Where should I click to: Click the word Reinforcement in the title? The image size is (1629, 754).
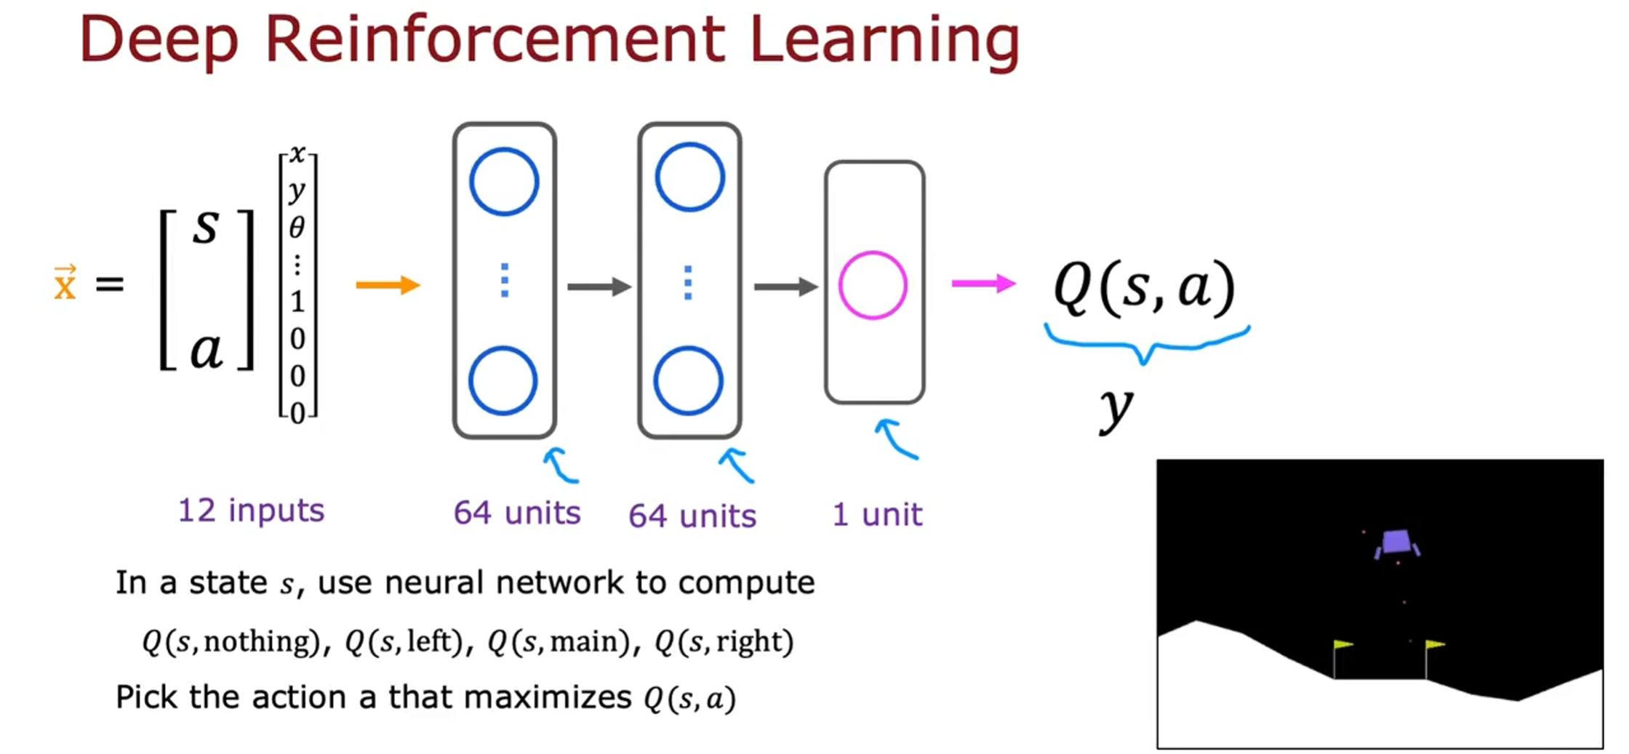coord(495,39)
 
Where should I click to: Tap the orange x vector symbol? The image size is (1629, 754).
coord(65,284)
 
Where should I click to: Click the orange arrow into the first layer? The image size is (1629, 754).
coord(388,285)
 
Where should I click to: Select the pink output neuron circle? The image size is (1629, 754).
coord(873,286)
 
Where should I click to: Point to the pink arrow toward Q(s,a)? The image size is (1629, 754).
coord(983,284)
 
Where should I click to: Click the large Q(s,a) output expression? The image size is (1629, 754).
coord(1145,286)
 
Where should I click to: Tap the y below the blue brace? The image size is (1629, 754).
coord(1116,409)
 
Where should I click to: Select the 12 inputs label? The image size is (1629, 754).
coord(251,510)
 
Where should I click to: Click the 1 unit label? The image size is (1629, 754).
coord(877,515)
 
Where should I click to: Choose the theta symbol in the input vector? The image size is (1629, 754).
coord(297,228)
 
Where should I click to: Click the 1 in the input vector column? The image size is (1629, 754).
coord(297,301)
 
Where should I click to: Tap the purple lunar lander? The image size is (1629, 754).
coord(1396,543)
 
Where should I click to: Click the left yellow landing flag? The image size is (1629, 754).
coord(1342,645)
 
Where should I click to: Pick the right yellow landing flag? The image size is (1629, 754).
coord(1434,645)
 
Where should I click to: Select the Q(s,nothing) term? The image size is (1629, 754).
coord(231,641)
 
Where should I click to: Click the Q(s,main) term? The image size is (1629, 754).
coord(559,641)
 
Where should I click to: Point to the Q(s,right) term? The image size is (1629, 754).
coord(724,641)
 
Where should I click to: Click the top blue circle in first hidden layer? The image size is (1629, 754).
coord(504,182)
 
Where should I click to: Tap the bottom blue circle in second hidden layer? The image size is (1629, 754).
coord(688,381)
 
